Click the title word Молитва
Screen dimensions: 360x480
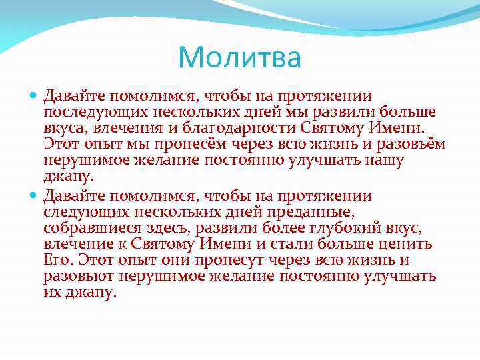click(240, 58)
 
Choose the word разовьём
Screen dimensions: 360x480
click(408, 144)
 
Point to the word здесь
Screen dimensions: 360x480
click(159, 228)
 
